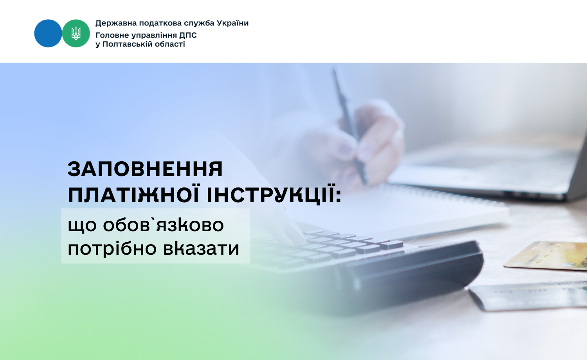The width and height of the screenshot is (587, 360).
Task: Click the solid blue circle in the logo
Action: (48, 33)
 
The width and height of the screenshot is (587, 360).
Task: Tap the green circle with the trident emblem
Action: (76, 33)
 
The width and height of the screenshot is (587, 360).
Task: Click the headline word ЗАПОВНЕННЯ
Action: (145, 169)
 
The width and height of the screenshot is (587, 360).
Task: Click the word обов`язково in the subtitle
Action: (164, 225)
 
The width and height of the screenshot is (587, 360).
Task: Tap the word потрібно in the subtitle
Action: (112, 248)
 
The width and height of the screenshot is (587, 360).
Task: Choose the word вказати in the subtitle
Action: (201, 248)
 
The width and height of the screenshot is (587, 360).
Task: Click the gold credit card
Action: (546, 256)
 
